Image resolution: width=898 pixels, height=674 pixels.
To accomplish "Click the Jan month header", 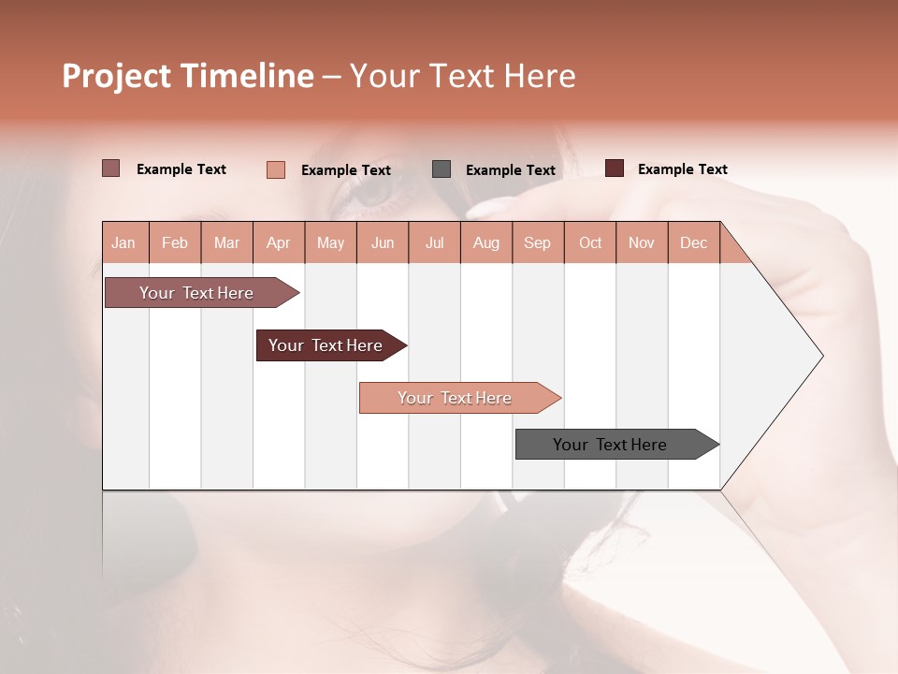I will point(124,242).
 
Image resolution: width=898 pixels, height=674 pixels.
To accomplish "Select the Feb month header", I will point(175,242).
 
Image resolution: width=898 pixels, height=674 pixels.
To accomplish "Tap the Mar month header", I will point(226,242).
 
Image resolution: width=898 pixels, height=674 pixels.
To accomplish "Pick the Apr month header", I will point(279,242).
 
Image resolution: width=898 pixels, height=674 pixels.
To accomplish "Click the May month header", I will point(330,242).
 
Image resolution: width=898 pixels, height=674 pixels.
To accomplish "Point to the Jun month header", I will point(383,242).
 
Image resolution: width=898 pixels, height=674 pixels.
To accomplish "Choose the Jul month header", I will point(434,242).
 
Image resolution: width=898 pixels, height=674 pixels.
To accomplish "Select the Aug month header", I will point(486,242).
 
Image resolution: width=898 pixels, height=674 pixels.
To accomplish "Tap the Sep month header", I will point(538,242).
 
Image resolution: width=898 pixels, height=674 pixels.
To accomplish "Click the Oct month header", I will point(590,242).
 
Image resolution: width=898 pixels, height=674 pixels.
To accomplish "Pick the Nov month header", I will point(642,242).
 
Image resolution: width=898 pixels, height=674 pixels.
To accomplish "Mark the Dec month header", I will point(694,242).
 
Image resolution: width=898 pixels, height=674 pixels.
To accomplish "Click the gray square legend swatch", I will point(442,169).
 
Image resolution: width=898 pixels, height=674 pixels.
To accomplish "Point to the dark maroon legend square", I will point(615,168).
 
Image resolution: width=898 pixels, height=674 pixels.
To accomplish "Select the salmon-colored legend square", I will point(276,169).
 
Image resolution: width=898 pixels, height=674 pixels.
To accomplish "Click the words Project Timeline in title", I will point(187,76).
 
